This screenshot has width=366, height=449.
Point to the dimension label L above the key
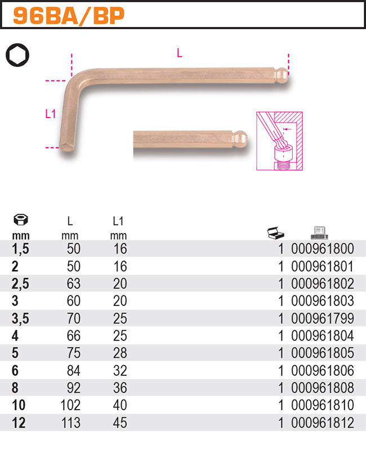point(179,53)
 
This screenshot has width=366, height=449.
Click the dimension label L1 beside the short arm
point(51,114)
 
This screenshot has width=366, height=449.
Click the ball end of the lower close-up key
point(240,138)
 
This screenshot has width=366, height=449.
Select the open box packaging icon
point(276,232)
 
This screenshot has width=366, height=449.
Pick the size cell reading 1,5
point(20,249)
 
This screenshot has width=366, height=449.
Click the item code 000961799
point(323,318)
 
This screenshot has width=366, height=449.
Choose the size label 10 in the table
point(18,406)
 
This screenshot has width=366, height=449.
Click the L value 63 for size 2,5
point(73,284)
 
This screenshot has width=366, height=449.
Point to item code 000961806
point(323,371)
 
